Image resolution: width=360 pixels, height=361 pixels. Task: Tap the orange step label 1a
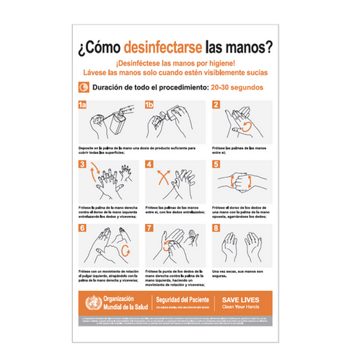coord(83,106)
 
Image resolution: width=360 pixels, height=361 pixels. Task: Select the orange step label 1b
coord(149,106)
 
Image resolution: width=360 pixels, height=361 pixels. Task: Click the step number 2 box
coord(215,105)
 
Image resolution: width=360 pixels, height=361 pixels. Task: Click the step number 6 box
coord(82,228)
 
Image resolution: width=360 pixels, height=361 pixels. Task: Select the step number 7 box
coord(149,228)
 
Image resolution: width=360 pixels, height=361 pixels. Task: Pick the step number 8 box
coord(215,228)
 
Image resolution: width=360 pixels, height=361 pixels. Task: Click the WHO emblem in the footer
coord(89,302)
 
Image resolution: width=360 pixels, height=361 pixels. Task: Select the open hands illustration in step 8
coord(244,247)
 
